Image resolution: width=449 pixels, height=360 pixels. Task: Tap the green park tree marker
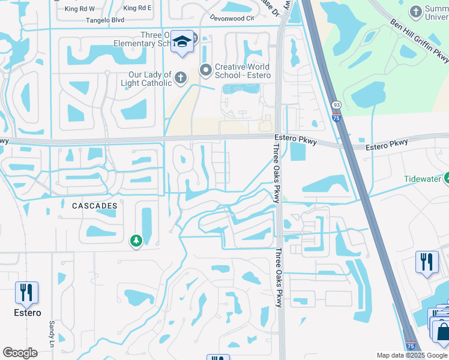(136, 241)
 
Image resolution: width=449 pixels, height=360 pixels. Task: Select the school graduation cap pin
(182, 41)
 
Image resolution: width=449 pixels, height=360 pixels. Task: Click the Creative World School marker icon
(206, 70)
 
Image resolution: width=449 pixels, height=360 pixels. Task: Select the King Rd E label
(137, 9)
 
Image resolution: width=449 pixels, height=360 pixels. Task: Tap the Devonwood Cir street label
(232, 19)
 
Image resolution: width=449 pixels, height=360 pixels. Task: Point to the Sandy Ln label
(51, 331)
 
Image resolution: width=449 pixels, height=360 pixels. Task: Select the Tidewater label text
(423, 179)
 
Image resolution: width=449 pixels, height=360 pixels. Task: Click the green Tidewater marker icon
(447, 178)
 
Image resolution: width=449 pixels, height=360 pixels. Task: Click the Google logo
(20, 353)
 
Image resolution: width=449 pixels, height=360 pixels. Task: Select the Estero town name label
(28, 313)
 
